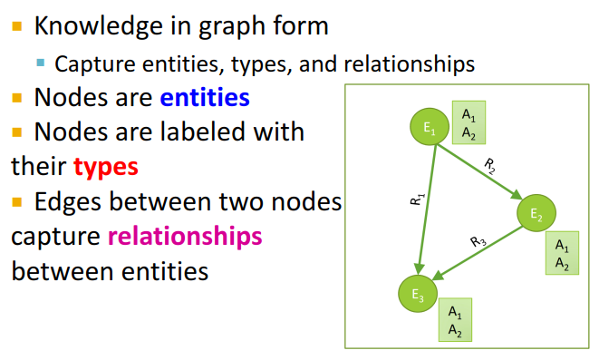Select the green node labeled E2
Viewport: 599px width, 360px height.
536,214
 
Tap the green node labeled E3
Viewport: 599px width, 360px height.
417,292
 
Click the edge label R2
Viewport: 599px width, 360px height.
489,164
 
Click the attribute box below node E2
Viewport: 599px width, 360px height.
562,255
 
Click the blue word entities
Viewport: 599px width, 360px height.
205,96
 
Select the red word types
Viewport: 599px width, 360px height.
105,167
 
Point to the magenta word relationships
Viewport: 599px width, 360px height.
184,237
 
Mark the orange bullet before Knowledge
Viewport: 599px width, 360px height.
16,25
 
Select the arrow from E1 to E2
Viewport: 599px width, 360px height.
481,173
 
